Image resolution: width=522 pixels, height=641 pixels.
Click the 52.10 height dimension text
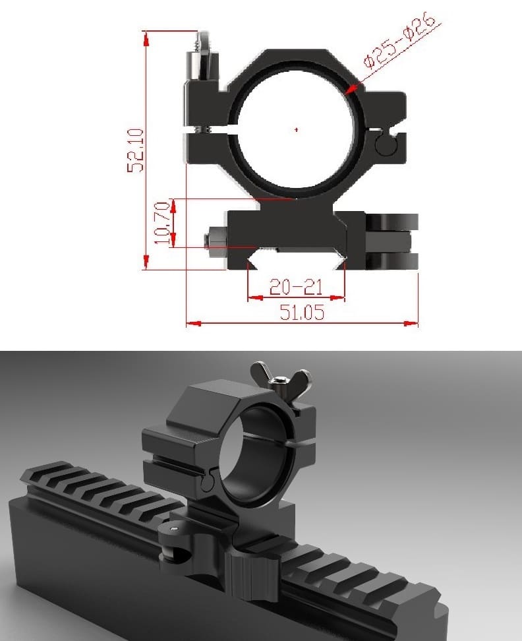(135, 150)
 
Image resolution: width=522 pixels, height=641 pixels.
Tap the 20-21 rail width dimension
(295, 287)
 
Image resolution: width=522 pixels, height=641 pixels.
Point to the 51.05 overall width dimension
(302, 313)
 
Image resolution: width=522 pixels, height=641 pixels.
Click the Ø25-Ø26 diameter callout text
(400, 42)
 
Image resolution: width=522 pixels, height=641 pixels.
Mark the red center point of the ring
(297, 130)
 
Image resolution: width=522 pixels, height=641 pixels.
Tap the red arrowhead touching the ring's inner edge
(357, 86)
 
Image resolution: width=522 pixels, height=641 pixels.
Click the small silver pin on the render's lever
(172, 528)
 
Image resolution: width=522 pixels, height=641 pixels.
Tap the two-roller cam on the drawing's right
(391, 241)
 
